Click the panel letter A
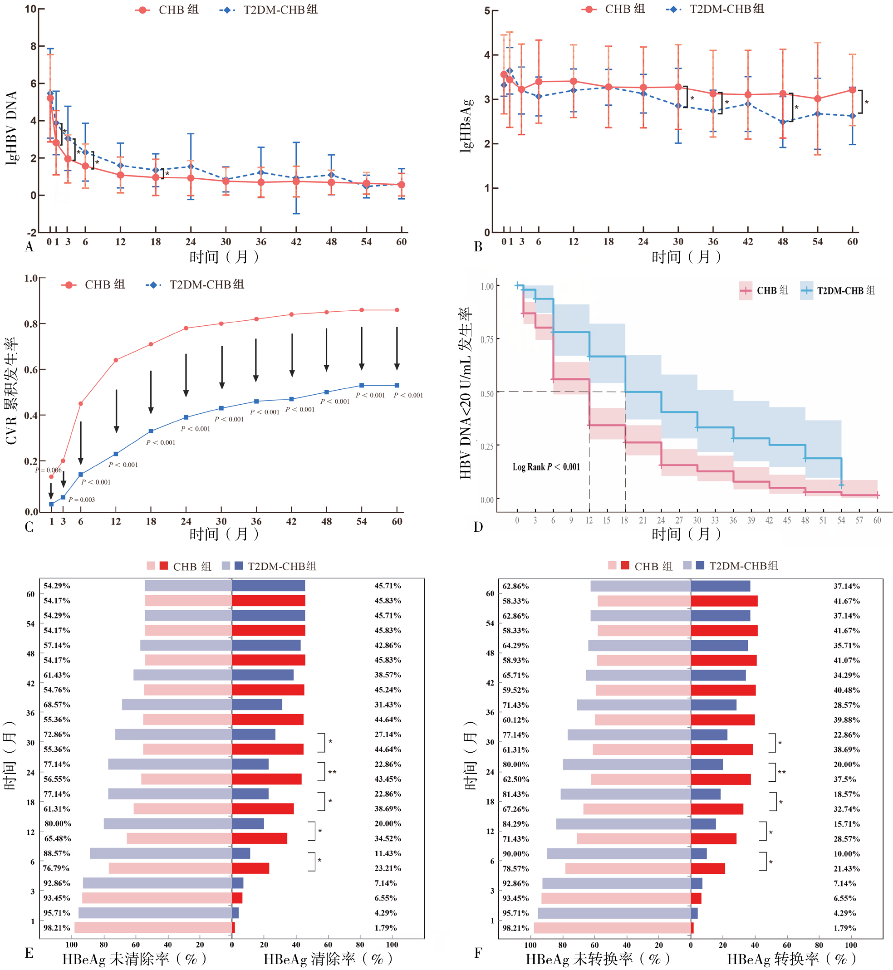pyautogui.click(x=29, y=247)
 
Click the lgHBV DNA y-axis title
pyautogui.click(x=12, y=127)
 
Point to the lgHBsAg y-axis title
pyautogui.click(x=466, y=126)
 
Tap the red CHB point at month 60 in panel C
pyautogui.click(x=397, y=310)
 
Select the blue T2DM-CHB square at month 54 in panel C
pyautogui.click(x=362, y=386)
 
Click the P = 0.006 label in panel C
pyautogui.click(x=48, y=470)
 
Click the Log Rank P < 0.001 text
pyautogui.click(x=546, y=467)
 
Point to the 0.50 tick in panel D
pyautogui.click(x=487, y=394)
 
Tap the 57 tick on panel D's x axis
pyautogui.click(x=859, y=520)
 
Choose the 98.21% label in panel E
pyautogui.click(x=57, y=928)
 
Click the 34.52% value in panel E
pyautogui.click(x=388, y=838)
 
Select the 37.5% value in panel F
pyautogui.click(x=844, y=779)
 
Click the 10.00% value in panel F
pyautogui.click(x=847, y=854)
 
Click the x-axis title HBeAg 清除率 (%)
pyautogui.click(x=328, y=959)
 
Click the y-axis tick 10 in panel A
pyautogui.click(x=30, y=9)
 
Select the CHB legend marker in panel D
pyautogui.click(x=746, y=291)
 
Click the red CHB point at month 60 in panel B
pyautogui.click(x=853, y=90)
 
